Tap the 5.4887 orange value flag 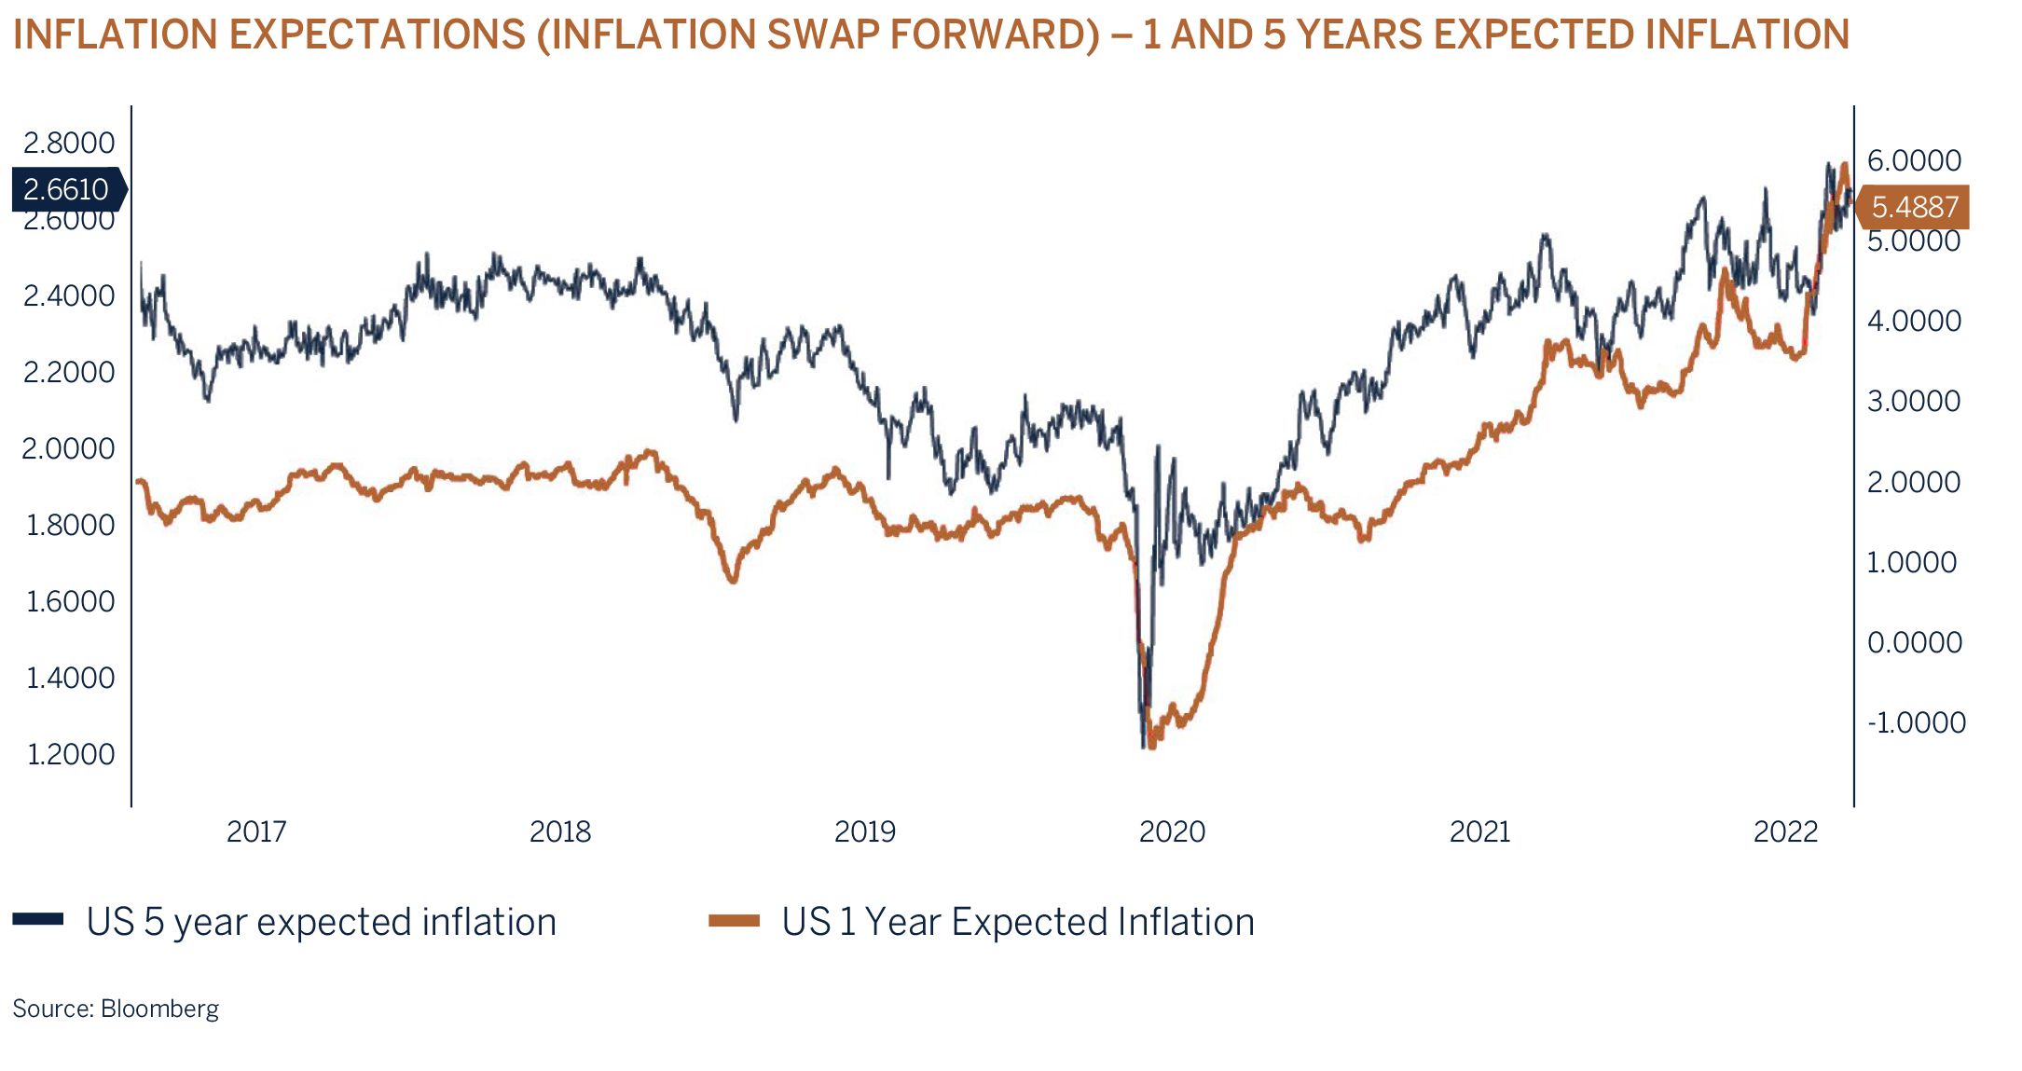pyautogui.click(x=1913, y=207)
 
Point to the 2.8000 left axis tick pyautogui.click(x=69, y=143)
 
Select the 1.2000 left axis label pyautogui.click(x=71, y=753)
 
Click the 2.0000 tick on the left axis pyautogui.click(x=69, y=448)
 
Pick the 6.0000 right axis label pyautogui.click(x=1914, y=160)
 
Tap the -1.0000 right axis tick pyautogui.click(x=1916, y=722)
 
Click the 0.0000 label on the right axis pyautogui.click(x=1914, y=642)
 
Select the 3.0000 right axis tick pyautogui.click(x=1914, y=401)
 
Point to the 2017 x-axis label pyautogui.click(x=256, y=831)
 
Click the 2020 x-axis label pyautogui.click(x=1172, y=831)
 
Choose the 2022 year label pyautogui.click(x=1785, y=831)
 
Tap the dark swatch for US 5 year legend pyautogui.click(x=38, y=920)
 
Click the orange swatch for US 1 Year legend pyautogui.click(x=734, y=921)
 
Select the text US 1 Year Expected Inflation pyautogui.click(x=1018, y=922)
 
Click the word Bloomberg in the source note pyautogui.click(x=159, y=1009)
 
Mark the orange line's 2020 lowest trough pyautogui.click(x=1152, y=744)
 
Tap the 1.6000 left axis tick pyautogui.click(x=71, y=601)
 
